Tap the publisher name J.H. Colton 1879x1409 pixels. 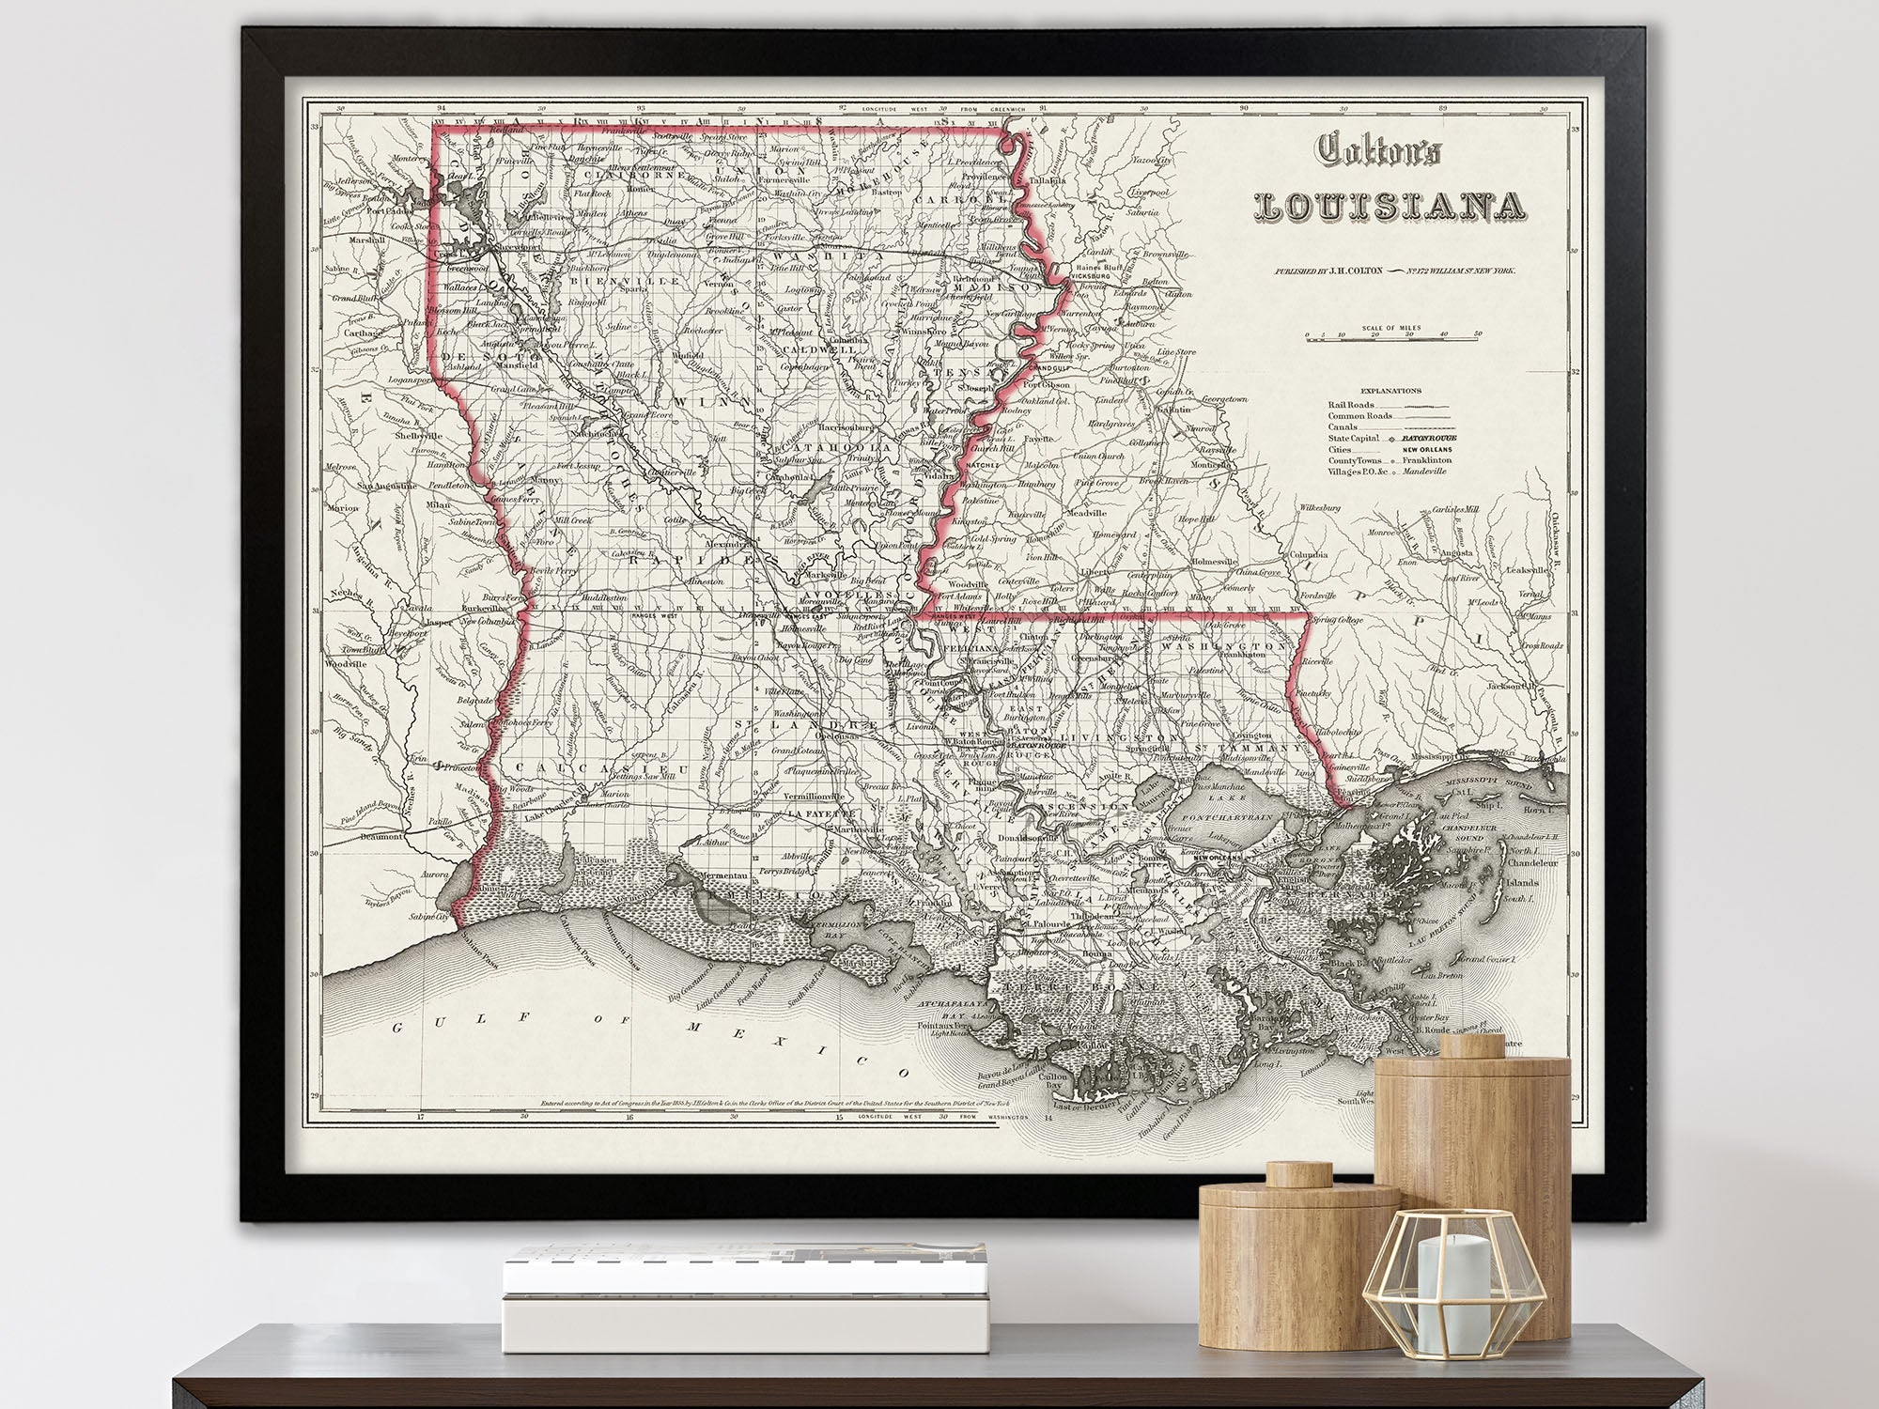pyautogui.click(x=1344, y=271)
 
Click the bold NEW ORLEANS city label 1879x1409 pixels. pyautogui.click(x=1218, y=858)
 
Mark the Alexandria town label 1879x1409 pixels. pyautogui.click(x=728, y=542)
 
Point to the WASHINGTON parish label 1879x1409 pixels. pyautogui.click(x=1222, y=647)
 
